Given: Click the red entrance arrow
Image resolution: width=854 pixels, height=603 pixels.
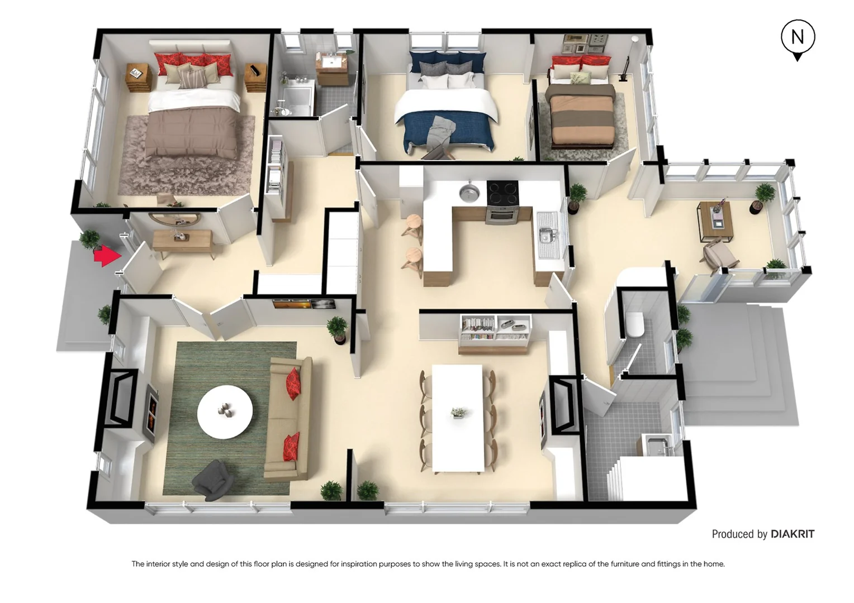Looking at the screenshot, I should (x=107, y=256).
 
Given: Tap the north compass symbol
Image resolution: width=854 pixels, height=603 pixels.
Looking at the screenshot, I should (x=798, y=38).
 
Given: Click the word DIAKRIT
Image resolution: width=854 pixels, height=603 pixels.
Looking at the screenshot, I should (x=793, y=534).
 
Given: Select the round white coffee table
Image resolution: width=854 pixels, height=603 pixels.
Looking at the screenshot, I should (x=225, y=412).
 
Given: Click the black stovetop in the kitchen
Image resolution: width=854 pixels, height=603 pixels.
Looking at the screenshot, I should (x=502, y=193).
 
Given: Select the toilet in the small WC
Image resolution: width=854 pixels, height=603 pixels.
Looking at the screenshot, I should (x=635, y=325).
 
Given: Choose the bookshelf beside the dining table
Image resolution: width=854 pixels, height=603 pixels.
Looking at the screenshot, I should (x=495, y=333).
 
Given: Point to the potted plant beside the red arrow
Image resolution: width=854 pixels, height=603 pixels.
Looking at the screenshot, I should (x=90, y=240).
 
